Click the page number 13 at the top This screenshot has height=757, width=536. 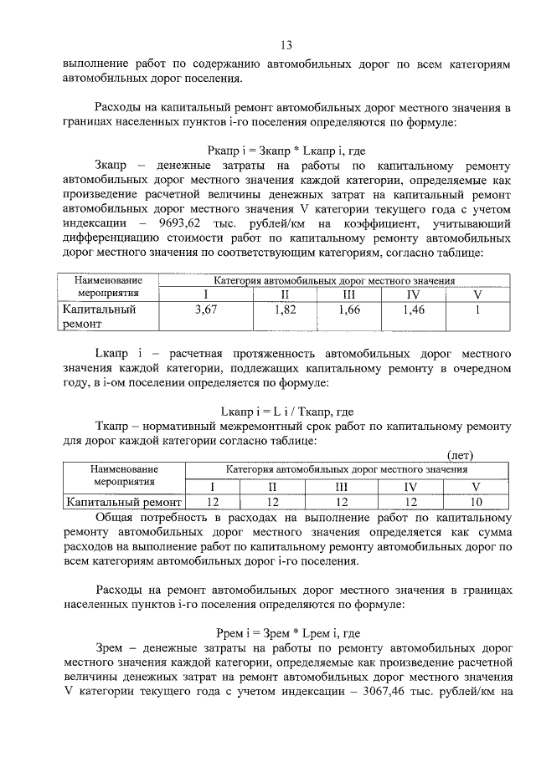[x=286, y=45]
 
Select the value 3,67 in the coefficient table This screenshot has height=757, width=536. [x=206, y=310]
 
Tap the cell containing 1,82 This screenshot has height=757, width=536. [x=286, y=310]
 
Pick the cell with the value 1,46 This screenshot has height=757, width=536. [x=413, y=310]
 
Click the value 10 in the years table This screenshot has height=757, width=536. [x=476, y=502]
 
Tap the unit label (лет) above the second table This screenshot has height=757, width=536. [x=459, y=455]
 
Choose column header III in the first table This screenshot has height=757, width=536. [x=349, y=294]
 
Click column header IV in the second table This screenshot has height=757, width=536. [x=410, y=487]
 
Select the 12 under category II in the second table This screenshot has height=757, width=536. [x=271, y=502]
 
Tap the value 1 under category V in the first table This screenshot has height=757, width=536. [x=477, y=310]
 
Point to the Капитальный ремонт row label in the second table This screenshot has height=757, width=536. [x=123, y=502]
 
